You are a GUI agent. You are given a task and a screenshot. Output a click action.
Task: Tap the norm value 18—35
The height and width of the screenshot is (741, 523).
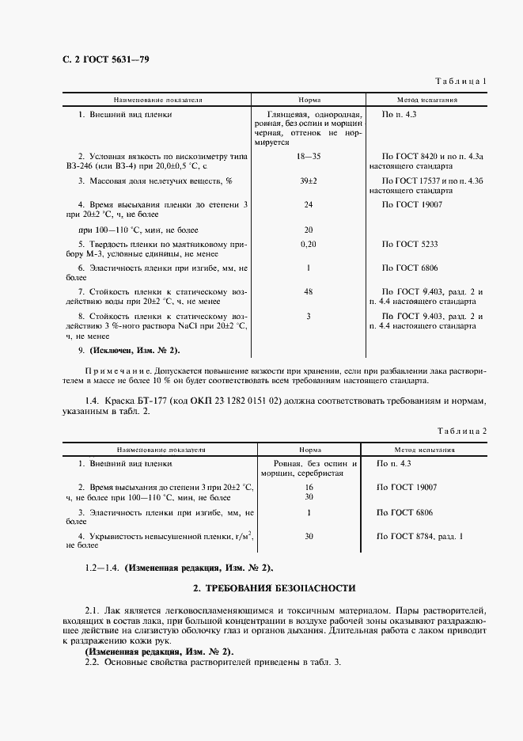(309, 158)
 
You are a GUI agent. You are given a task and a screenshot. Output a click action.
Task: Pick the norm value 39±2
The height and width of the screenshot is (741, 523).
(309, 181)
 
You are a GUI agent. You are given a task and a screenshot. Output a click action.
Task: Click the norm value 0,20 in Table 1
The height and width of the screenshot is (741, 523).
(309, 244)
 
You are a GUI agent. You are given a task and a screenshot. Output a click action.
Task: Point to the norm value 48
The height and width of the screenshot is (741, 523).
(309, 292)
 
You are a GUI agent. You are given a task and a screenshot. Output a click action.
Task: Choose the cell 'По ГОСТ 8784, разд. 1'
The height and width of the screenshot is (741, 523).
(421, 537)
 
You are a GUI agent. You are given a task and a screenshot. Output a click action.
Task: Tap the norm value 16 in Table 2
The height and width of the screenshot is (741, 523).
(309, 488)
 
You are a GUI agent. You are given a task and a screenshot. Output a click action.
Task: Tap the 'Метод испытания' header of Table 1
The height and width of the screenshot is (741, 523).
(427, 101)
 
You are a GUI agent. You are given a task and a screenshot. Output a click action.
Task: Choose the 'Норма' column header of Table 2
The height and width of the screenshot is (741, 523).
(309, 449)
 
